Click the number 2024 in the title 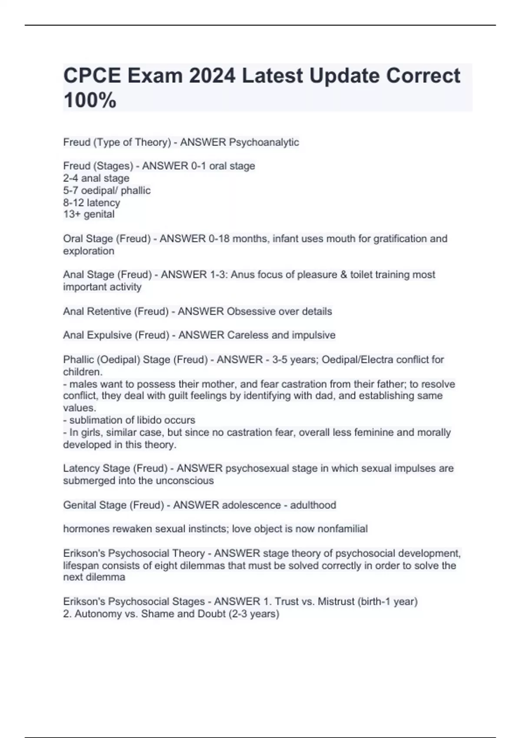point(212,76)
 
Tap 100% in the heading point(90,100)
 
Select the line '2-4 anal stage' point(96,178)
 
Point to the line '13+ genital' point(89,214)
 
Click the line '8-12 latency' point(92,203)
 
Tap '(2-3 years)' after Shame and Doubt point(254,614)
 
